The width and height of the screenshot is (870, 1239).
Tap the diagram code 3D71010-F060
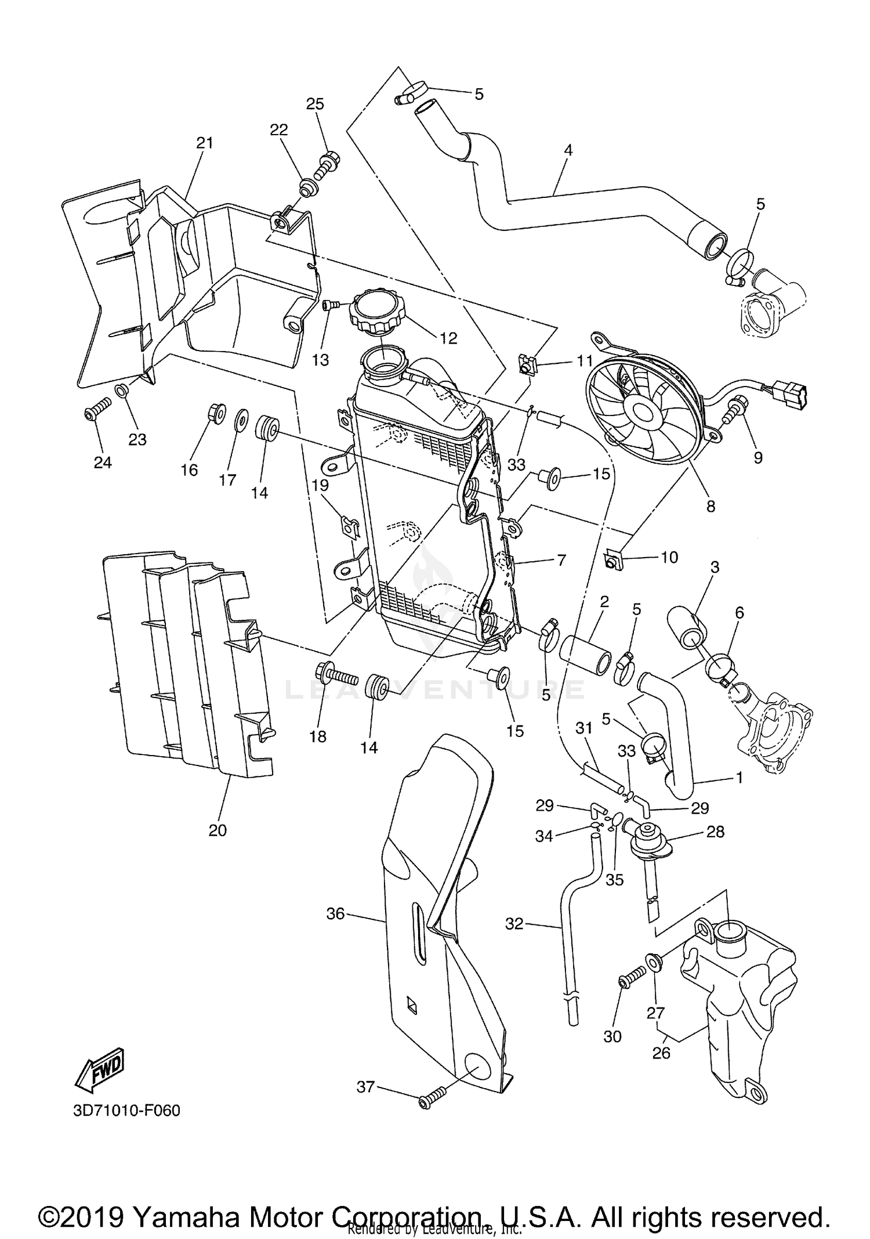[126, 1111]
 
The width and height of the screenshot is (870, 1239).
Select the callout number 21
[204, 143]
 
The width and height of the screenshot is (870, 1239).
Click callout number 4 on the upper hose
[568, 150]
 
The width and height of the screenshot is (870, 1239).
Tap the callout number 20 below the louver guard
[217, 830]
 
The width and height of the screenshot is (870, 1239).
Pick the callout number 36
[335, 913]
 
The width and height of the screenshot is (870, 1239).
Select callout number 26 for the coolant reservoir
[661, 1053]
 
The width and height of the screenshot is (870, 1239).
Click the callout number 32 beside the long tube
[514, 923]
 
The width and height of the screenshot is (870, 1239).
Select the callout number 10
[669, 558]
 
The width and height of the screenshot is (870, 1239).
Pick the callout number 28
[716, 832]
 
